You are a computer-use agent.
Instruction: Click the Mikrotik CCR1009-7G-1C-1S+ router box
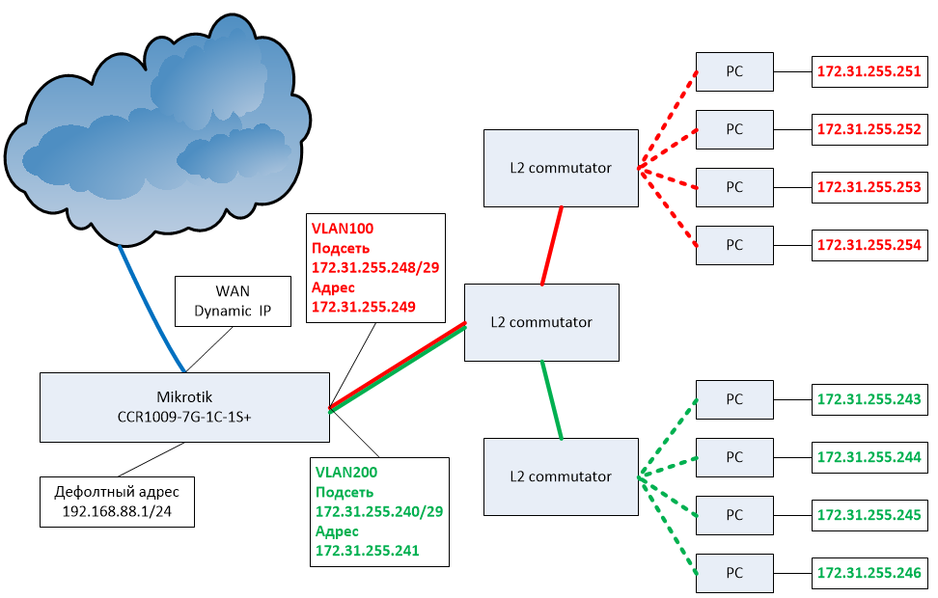pyautogui.click(x=184, y=407)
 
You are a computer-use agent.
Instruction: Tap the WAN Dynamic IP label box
pyautogui.click(x=233, y=301)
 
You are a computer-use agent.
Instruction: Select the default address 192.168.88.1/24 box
pyautogui.click(x=118, y=502)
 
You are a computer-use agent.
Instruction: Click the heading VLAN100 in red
pyautogui.click(x=343, y=229)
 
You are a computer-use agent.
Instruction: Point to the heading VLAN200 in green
pyautogui.click(x=346, y=473)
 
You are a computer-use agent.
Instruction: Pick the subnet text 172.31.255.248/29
pyautogui.click(x=375, y=267)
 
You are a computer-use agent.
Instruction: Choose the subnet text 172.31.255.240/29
pyautogui.click(x=379, y=511)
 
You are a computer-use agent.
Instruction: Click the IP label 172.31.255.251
pyautogui.click(x=869, y=71)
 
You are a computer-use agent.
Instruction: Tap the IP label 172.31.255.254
pyautogui.click(x=869, y=245)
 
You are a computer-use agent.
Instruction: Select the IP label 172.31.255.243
pyautogui.click(x=869, y=399)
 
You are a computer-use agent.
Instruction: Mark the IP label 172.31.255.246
pyautogui.click(x=869, y=572)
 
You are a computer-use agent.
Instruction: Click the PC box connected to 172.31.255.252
pyautogui.click(x=734, y=129)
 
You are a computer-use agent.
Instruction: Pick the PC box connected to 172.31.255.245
pyautogui.click(x=734, y=515)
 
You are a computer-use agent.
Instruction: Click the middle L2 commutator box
pyautogui.click(x=541, y=322)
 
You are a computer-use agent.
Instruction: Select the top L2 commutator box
pyautogui.click(x=561, y=168)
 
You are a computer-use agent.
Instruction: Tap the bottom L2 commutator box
pyautogui.click(x=561, y=476)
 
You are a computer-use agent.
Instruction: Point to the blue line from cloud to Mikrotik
pyautogui.click(x=151, y=308)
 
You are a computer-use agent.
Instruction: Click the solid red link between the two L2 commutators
pyautogui.click(x=552, y=246)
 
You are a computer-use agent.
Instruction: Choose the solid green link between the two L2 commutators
pyautogui.click(x=552, y=400)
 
